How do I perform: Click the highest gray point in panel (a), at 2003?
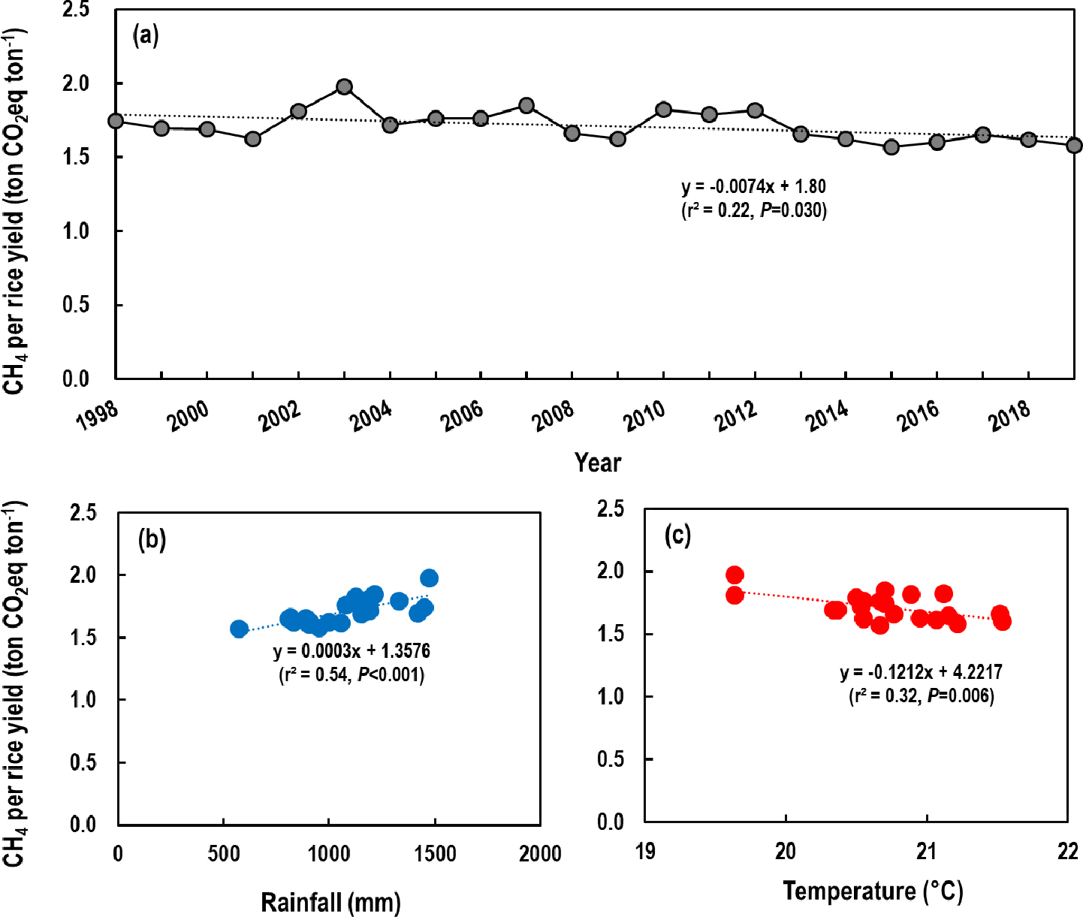pyautogui.click(x=344, y=86)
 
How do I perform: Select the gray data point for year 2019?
pyautogui.click(x=1074, y=145)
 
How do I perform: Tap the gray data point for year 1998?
pyautogui.click(x=116, y=121)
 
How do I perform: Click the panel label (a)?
pyautogui.click(x=146, y=35)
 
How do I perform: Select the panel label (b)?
pyautogui.click(x=152, y=539)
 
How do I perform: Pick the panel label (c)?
pyautogui.click(x=677, y=535)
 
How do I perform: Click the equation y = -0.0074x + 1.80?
pyautogui.click(x=753, y=186)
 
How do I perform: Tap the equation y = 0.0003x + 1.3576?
pyautogui.click(x=351, y=650)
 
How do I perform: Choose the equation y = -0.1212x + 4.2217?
pyautogui.click(x=921, y=672)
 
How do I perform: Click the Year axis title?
pyautogui.click(x=598, y=462)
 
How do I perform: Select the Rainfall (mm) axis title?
pyautogui.click(x=330, y=900)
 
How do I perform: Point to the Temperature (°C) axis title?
pyautogui.click(x=873, y=891)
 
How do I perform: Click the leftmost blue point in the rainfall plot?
pyautogui.click(x=239, y=629)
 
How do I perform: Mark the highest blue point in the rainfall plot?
pyautogui.click(x=430, y=578)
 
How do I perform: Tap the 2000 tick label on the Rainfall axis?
pyautogui.click(x=540, y=854)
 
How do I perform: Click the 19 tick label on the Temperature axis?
pyautogui.click(x=645, y=851)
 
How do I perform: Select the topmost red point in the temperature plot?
pyautogui.click(x=735, y=575)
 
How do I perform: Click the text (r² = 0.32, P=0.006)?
pyautogui.click(x=921, y=695)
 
